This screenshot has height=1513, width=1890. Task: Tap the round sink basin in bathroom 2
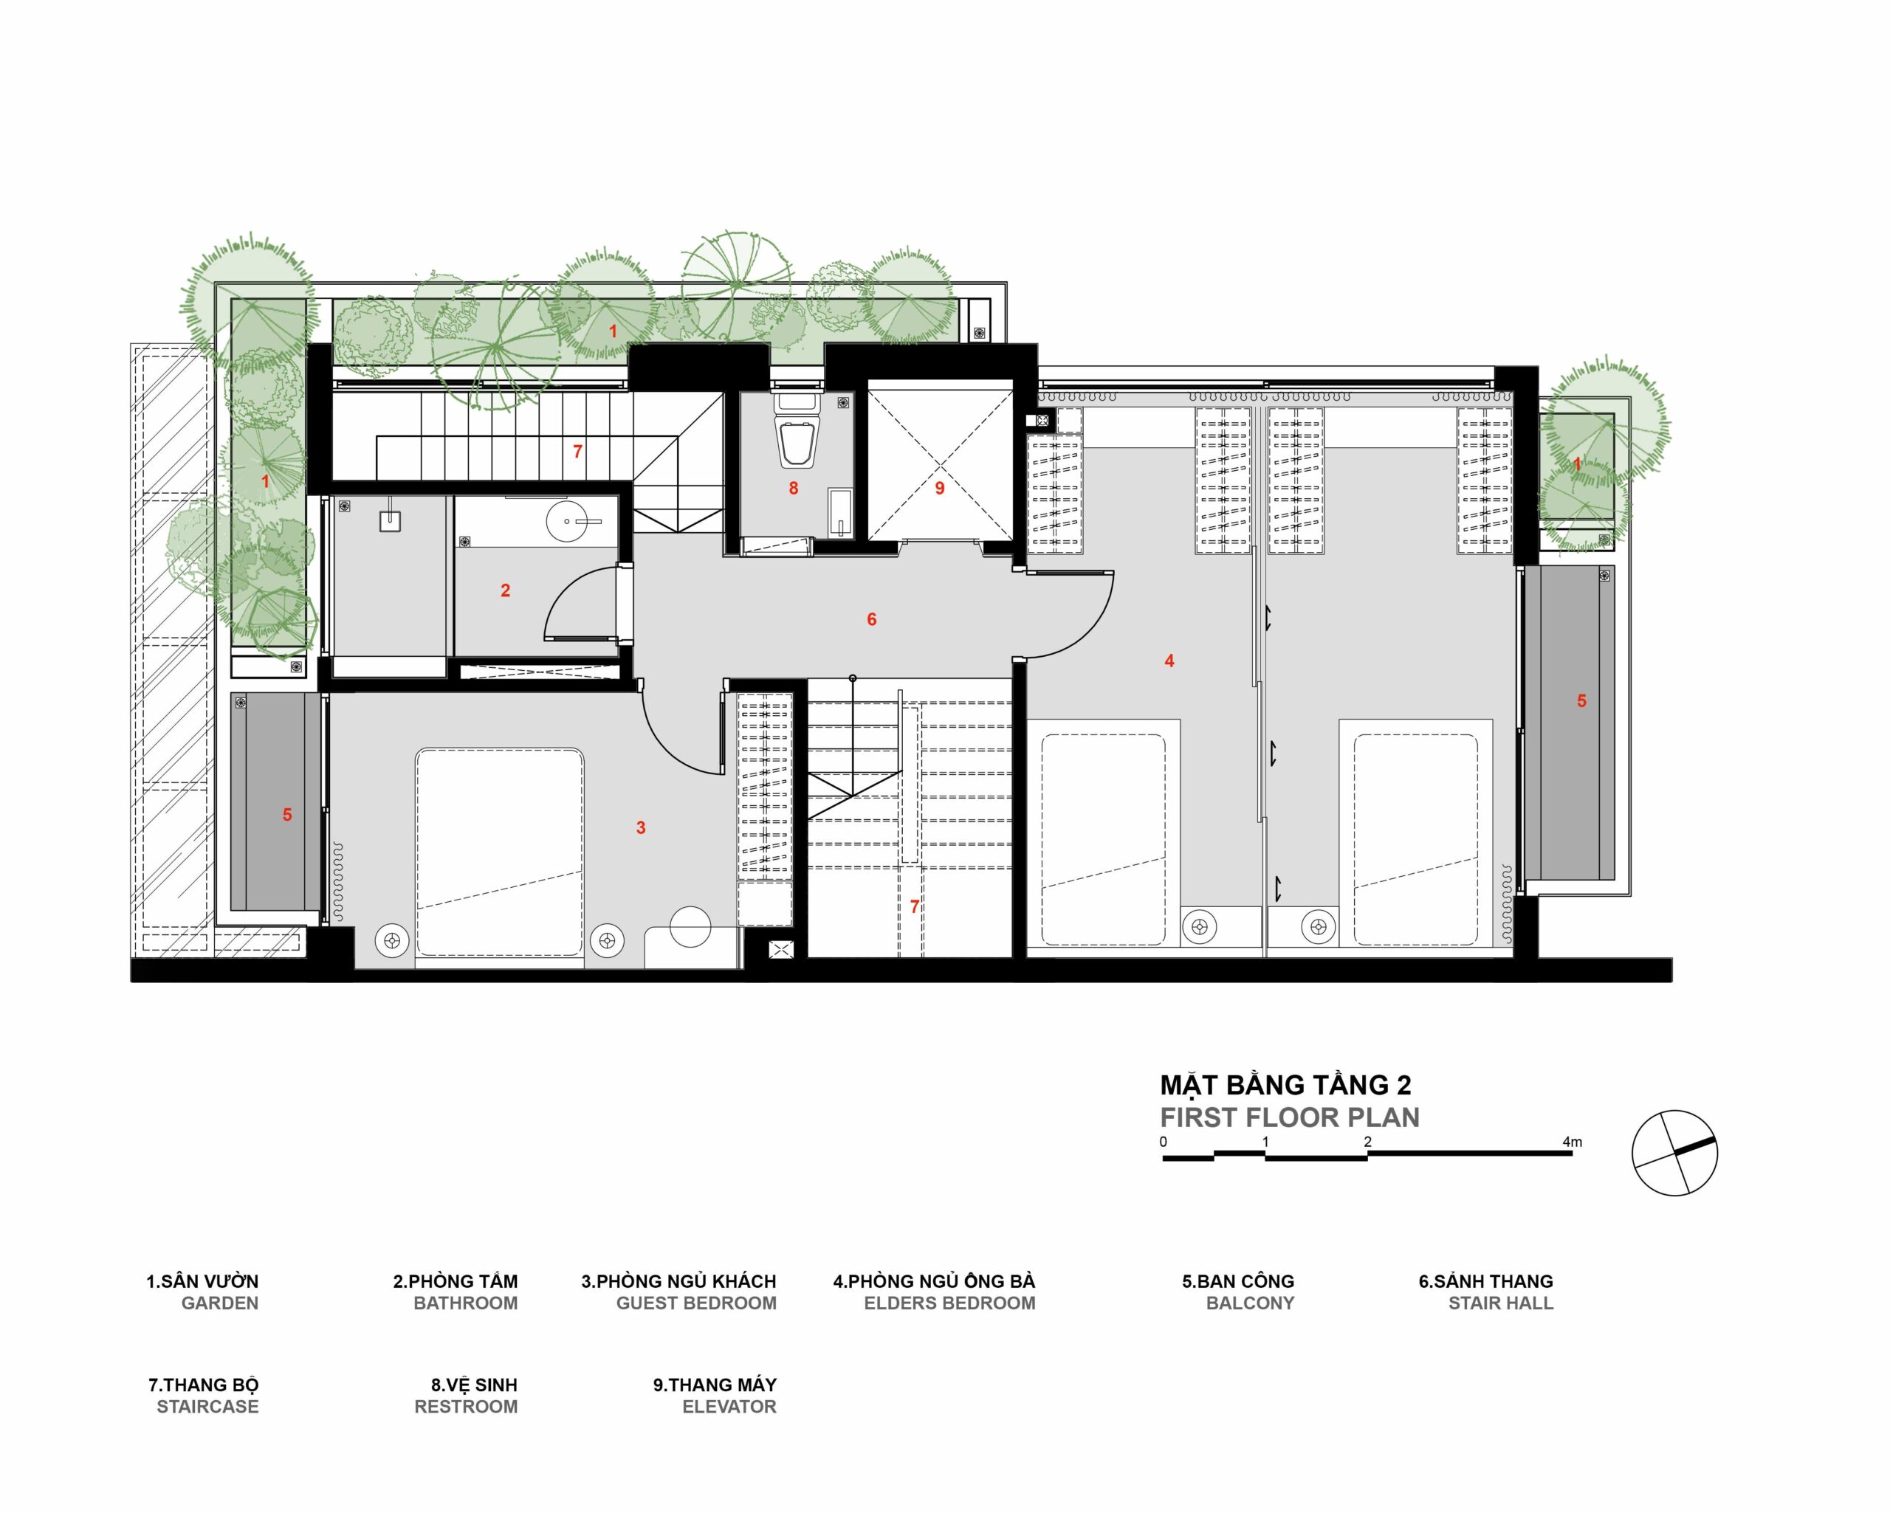(x=568, y=523)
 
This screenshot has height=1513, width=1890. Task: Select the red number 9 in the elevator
(x=940, y=489)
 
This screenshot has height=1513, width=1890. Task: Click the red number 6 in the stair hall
(x=871, y=620)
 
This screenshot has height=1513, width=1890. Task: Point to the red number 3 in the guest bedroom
(x=641, y=827)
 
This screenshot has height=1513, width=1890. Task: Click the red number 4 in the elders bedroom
(x=1169, y=661)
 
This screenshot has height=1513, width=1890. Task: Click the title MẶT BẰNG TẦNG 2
(x=1286, y=1085)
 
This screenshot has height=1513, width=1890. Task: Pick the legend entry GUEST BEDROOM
(x=696, y=1303)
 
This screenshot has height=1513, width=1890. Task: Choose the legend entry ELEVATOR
(x=729, y=1407)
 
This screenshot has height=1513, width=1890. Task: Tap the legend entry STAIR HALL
(x=1501, y=1303)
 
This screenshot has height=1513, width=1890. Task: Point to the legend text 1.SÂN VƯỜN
(x=202, y=1281)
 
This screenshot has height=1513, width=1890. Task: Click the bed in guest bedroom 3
(x=500, y=852)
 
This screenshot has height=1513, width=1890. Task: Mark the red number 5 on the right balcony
(x=1581, y=701)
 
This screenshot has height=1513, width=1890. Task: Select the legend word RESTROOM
(x=466, y=1407)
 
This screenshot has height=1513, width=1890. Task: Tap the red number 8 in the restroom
(x=794, y=489)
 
